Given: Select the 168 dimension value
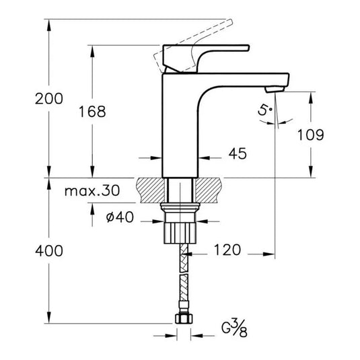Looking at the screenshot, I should (x=92, y=112).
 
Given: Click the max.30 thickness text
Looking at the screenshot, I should (x=92, y=191).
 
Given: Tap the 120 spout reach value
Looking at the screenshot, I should (x=227, y=250).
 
